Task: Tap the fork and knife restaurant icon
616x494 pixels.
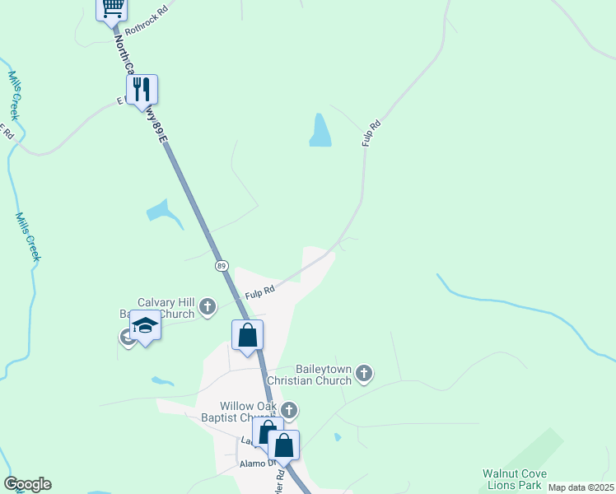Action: pos(142,89)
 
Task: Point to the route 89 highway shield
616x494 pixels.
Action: pos(222,266)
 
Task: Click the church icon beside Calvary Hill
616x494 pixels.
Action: pos(208,308)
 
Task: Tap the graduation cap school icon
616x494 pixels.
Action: pos(145,326)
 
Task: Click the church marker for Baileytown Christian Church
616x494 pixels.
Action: pos(364,375)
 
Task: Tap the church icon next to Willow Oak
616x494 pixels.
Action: pos(288,410)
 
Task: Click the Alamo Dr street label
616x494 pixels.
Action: pos(255,464)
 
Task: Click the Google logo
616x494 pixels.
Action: pos(27,484)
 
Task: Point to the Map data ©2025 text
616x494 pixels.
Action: pos(581,487)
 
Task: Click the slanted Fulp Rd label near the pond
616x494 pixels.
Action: pos(371,134)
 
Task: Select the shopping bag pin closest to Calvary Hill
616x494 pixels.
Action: pos(248,335)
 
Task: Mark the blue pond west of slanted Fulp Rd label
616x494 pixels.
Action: pos(320,130)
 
